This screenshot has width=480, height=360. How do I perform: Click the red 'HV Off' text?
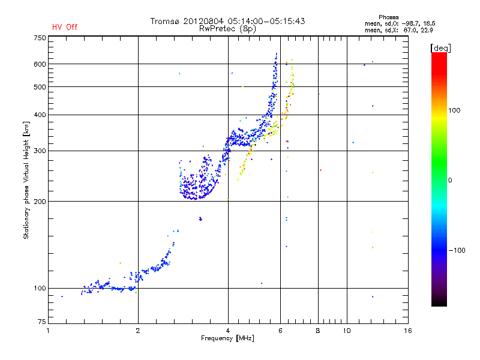tap(65, 27)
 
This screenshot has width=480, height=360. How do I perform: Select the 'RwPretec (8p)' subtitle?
tap(227, 29)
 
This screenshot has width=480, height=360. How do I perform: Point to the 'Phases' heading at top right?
tap(388, 17)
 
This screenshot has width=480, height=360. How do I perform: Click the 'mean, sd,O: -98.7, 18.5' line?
tap(400, 23)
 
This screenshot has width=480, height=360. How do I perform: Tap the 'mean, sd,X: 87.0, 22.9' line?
tap(399, 31)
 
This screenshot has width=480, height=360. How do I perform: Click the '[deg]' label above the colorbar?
tap(440, 48)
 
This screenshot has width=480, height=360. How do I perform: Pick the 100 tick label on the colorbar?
tap(454, 110)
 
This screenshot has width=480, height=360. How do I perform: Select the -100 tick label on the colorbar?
tap(457, 250)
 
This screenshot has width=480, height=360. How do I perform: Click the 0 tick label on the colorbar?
tap(450, 181)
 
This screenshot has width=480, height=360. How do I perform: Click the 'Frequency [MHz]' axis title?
tap(227, 338)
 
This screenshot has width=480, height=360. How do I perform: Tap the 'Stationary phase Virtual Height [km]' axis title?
tap(26, 181)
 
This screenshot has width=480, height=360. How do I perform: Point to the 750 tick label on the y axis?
tap(40, 38)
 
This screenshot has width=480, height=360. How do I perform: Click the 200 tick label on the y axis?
tap(40, 202)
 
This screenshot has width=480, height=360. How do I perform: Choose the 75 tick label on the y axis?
tap(42, 322)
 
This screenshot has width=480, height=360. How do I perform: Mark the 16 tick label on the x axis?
tap(408, 331)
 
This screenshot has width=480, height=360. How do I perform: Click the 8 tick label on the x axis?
tap(318, 331)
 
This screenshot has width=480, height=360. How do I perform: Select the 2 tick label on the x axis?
tap(138, 331)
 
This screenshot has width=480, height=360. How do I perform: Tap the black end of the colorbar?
tap(439, 304)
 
